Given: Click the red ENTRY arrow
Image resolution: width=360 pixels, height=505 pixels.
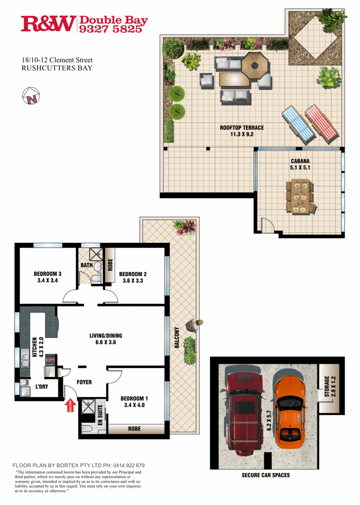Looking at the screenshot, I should tap(69, 405).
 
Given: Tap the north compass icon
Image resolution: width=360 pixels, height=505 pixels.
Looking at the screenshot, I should tap(31, 96).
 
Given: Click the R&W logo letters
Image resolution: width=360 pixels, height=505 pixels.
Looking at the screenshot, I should tap(48, 24).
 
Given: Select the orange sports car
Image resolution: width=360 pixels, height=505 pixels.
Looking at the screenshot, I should tap(288, 408).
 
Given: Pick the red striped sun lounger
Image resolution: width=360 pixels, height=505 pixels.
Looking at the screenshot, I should tap(322, 123).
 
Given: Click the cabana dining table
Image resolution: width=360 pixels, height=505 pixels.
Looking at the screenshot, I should tap(301, 197).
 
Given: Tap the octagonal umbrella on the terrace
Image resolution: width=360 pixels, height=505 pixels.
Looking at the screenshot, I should tap(254, 66).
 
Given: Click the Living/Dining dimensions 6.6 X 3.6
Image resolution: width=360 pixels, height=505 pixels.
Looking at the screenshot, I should tap(103, 342).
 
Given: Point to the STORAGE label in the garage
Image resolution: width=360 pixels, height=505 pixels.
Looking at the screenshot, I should tap(327, 386).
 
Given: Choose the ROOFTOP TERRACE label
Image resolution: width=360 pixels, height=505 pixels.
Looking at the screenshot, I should tap(242, 128).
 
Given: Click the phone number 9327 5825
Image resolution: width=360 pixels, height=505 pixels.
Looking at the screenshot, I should tap(110, 29).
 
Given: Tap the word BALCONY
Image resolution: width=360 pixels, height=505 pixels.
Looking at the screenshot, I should tap(177, 338).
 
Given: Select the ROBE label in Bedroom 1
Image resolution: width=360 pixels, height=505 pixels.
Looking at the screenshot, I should tap(135, 429).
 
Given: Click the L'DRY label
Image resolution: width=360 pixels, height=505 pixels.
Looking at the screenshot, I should tap(42, 386).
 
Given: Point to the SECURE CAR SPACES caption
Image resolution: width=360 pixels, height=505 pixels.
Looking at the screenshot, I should tap(265, 475).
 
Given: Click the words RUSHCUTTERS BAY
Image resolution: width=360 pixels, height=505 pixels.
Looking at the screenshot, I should tap(57, 68).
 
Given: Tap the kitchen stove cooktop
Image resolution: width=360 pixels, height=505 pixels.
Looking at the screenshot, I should tap(50, 360).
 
